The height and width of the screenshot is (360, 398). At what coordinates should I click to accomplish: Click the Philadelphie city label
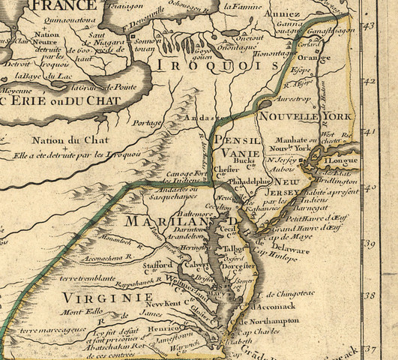pos(248,181)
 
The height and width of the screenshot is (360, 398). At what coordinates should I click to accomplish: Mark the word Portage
pos(147,123)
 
